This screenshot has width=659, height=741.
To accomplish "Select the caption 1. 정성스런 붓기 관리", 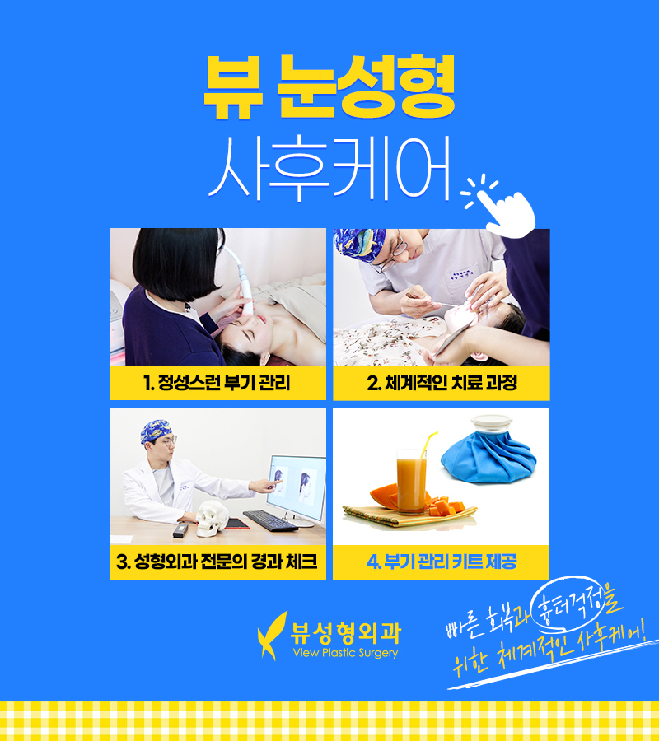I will [x=217, y=383].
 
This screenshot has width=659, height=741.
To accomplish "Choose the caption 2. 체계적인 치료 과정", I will [x=442, y=383].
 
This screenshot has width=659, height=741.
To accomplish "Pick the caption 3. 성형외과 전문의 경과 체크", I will [x=217, y=563].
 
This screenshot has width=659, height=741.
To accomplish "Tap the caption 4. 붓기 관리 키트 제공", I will [x=442, y=563].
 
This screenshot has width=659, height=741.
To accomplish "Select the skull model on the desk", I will [x=213, y=517].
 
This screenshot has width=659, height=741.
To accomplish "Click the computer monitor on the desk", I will [x=297, y=486].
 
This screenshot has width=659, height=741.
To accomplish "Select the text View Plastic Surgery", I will [x=345, y=654].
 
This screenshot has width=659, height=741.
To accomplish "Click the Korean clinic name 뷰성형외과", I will [x=347, y=631].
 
